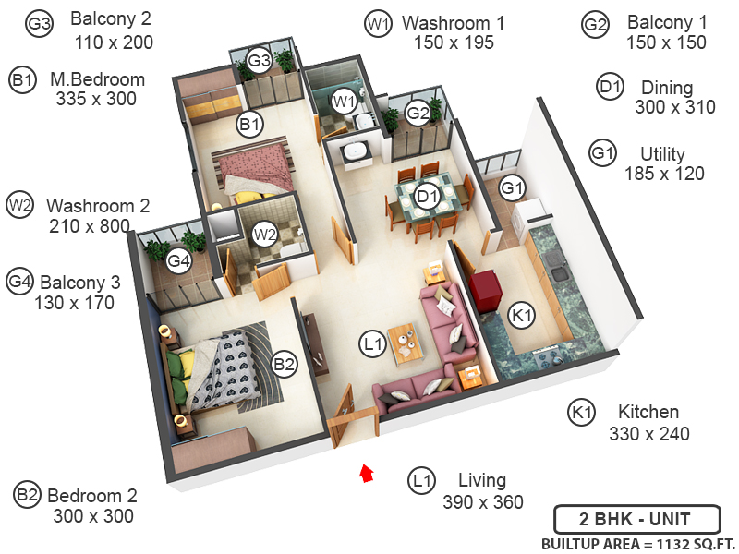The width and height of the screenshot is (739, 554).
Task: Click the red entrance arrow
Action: click(x=367, y=473)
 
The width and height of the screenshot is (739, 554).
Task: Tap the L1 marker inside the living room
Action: click(x=371, y=345)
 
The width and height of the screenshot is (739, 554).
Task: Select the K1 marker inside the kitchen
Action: click(x=523, y=316)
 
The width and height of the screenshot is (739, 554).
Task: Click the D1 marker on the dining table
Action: click(x=426, y=196)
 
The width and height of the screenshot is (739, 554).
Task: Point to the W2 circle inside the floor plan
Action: click(x=265, y=234)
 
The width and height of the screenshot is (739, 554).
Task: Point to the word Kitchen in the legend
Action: click(x=648, y=412)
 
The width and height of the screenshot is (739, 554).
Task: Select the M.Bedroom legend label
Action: click(x=97, y=79)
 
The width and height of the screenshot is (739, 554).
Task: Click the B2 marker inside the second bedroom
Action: click(x=284, y=364)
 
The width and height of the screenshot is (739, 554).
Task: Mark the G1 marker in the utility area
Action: click(x=513, y=188)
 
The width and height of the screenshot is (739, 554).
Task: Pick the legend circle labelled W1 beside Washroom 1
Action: click(x=377, y=25)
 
